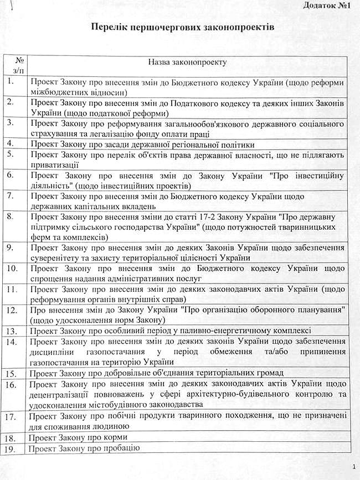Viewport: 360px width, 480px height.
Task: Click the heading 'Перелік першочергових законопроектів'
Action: pyautogui.click(x=179, y=27)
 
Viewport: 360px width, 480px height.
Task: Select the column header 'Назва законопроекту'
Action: pyautogui.click(x=187, y=64)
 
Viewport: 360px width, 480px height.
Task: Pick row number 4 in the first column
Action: pyautogui.click(x=12, y=143)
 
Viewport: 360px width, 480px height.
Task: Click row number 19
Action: pyautogui.click(x=14, y=448)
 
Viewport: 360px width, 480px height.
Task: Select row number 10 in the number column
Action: pyautogui.click(x=14, y=269)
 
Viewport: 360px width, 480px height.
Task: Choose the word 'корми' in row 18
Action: pyautogui.click(x=115, y=437)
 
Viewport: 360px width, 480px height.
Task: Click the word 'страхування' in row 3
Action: pyautogui.click(x=56, y=133)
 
